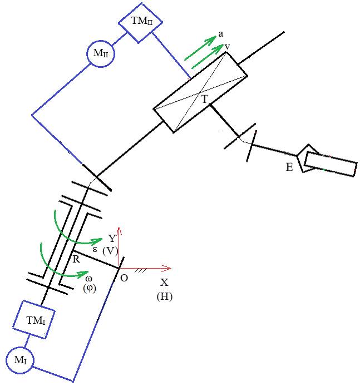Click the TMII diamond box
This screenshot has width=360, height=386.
click(x=140, y=22)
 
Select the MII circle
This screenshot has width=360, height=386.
click(x=101, y=54)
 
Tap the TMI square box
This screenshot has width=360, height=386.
click(x=37, y=319)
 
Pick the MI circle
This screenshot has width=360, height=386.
click(x=20, y=360)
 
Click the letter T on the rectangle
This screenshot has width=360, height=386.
click(x=205, y=99)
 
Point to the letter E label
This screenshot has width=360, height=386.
click(x=289, y=166)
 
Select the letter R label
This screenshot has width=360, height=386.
click(x=76, y=259)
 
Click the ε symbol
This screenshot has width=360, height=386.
click(x=95, y=249)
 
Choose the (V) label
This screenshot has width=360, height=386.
click(x=111, y=250)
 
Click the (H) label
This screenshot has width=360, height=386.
click(x=164, y=296)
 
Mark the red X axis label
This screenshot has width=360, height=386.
click(x=164, y=282)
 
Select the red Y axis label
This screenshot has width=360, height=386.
click(x=112, y=238)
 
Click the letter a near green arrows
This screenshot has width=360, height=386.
click(x=221, y=34)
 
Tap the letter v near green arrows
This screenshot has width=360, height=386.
click(x=228, y=47)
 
